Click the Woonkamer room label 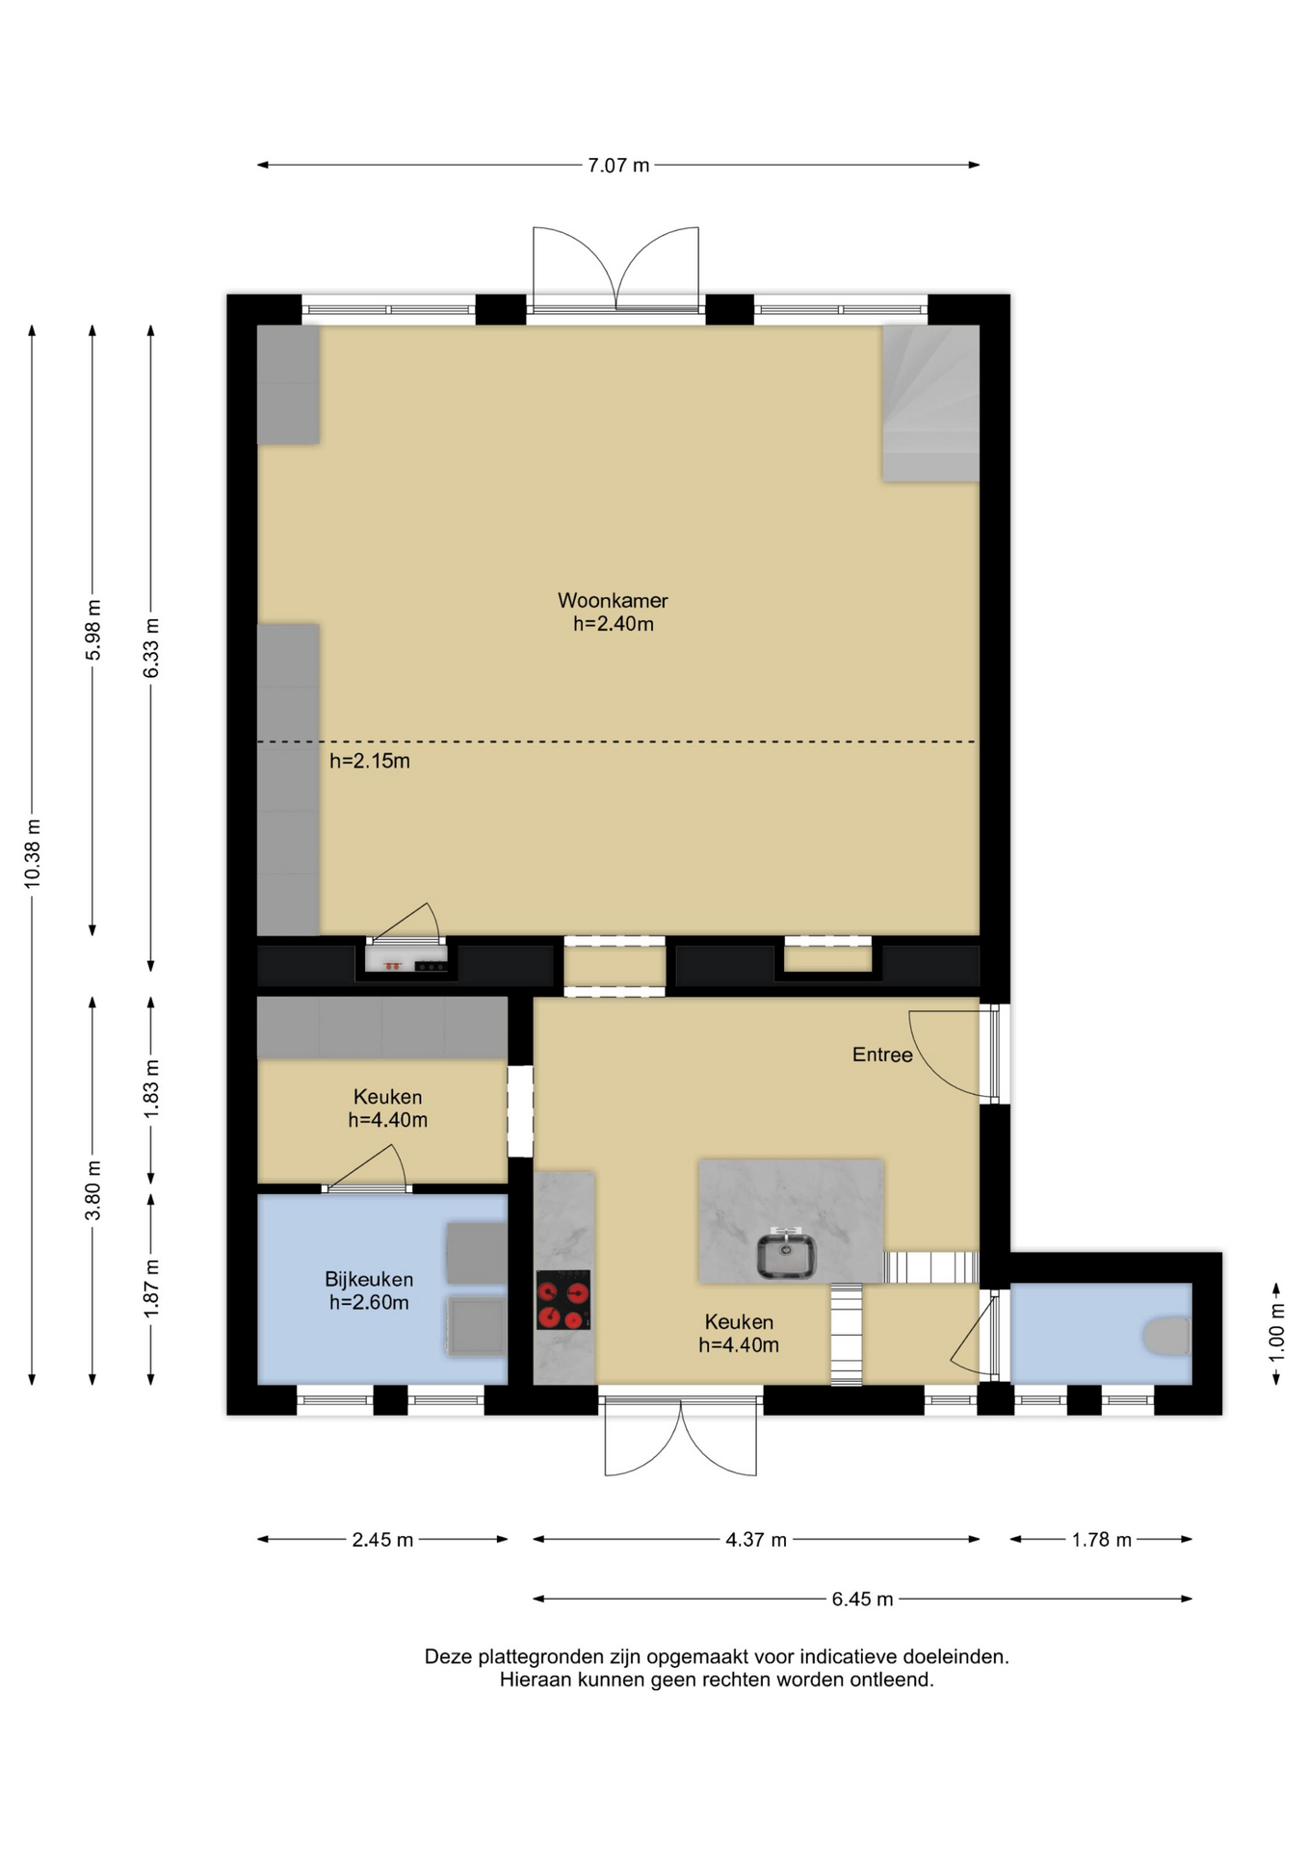click(x=613, y=600)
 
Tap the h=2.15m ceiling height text click(x=370, y=761)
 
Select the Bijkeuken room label click(x=369, y=1279)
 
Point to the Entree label click(x=882, y=1055)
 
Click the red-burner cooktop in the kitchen click(x=563, y=1300)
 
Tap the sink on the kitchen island click(x=786, y=1256)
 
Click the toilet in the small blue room click(x=1167, y=1336)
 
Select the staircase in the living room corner click(x=930, y=404)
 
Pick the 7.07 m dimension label click(x=618, y=166)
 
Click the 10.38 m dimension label click(x=33, y=853)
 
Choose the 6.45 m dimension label click(x=863, y=1600)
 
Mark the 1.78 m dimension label click(x=1102, y=1540)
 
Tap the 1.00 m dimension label click(x=1277, y=1333)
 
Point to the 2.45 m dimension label click(x=382, y=1540)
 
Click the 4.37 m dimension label click(x=756, y=1540)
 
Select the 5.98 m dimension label click(x=93, y=630)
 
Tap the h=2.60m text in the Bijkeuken click(x=369, y=1303)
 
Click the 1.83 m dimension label click(x=151, y=1089)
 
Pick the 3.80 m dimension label click(x=93, y=1190)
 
